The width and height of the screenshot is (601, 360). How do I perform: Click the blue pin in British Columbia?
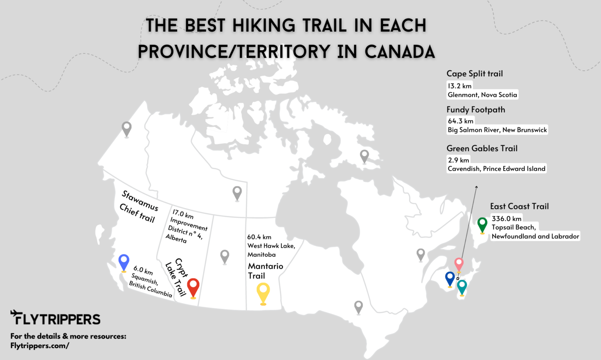click(x=124, y=261)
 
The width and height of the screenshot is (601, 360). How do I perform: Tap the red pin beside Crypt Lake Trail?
click(x=193, y=287)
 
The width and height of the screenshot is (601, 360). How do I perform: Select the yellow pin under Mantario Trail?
click(x=263, y=292)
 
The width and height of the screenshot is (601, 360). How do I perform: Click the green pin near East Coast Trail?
click(x=482, y=224)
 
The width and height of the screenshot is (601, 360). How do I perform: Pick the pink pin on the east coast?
click(x=459, y=264)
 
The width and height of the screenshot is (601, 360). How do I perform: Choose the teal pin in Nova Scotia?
click(x=462, y=286)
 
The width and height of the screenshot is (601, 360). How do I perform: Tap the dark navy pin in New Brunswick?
click(x=450, y=278)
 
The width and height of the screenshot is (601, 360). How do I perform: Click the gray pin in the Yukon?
click(x=126, y=128)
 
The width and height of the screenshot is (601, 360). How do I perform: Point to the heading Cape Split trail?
click(x=474, y=74)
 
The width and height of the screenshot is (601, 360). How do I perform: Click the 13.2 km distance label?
click(x=459, y=86)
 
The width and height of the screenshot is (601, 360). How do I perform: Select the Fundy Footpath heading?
click(x=475, y=110)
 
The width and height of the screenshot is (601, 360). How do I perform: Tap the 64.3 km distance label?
click(x=461, y=121)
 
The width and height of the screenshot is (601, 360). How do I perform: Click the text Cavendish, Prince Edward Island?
click(x=496, y=169)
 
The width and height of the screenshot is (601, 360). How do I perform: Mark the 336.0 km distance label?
click(x=506, y=218)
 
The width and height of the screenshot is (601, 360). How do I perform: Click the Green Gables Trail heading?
click(x=482, y=148)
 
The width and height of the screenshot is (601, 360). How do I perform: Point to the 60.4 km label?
click(x=259, y=237)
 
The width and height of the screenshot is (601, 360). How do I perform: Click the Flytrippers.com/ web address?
click(x=40, y=346)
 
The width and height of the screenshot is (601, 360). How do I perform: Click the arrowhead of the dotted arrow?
click(x=476, y=187)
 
